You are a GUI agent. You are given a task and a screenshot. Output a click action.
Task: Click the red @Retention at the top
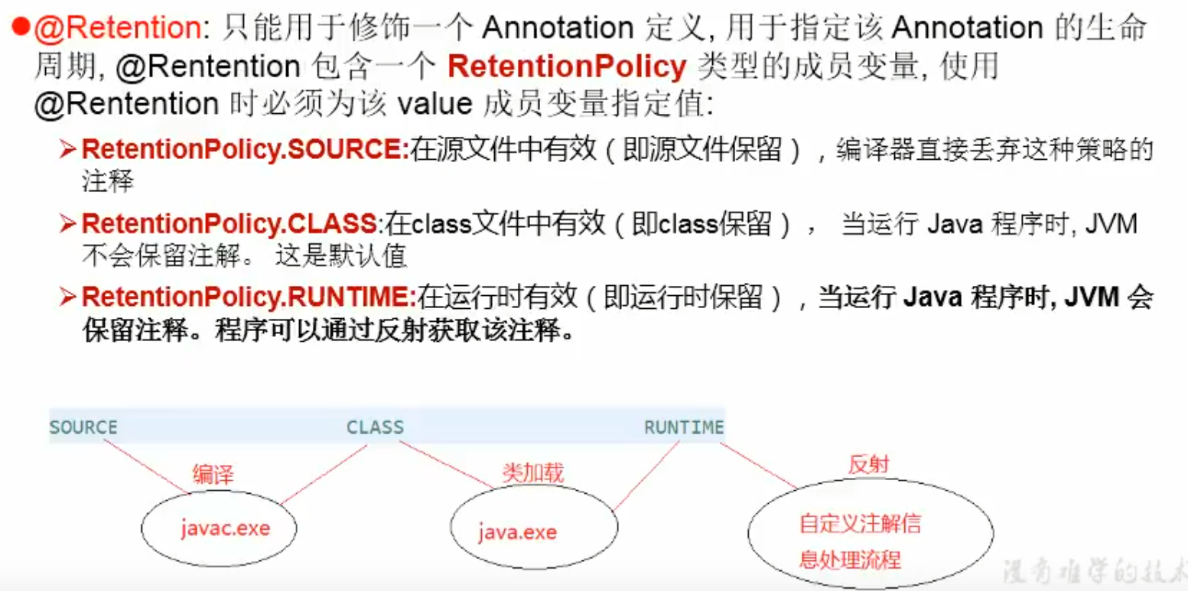coord(117,28)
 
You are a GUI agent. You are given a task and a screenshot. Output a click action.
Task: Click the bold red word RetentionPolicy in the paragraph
coord(567,67)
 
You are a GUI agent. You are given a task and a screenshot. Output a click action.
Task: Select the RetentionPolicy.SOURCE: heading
coord(245,149)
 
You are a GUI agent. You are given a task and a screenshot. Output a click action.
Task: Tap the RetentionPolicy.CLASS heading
coord(229,224)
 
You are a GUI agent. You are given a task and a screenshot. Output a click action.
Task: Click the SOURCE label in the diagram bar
coord(83,427)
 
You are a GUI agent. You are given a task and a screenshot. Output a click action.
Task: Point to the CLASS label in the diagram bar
coord(375,427)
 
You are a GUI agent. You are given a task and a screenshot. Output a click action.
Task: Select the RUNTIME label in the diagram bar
coord(683,427)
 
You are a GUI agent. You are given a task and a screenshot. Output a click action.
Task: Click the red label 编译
coord(213,475)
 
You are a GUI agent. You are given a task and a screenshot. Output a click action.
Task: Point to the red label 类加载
coord(532,472)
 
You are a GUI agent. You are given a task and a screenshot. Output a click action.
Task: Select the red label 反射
coord(869,464)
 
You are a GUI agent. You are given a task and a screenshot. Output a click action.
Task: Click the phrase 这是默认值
coord(339,258)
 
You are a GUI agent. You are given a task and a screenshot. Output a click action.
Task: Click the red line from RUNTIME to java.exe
coord(646,476)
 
